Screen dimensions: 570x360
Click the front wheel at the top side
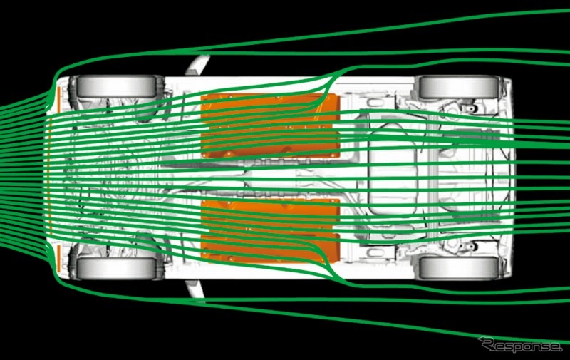tap(116, 86)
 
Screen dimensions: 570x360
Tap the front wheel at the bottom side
tap(116, 268)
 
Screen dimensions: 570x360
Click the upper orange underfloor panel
tap(271, 125)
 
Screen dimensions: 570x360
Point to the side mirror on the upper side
tap(197, 65)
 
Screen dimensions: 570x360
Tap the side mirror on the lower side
tap(195, 289)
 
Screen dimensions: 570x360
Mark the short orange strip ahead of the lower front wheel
tap(58, 257)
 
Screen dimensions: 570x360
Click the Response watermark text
tap(521, 345)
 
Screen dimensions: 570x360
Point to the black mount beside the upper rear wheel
tap(470, 108)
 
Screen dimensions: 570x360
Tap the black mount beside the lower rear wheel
tap(470, 247)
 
